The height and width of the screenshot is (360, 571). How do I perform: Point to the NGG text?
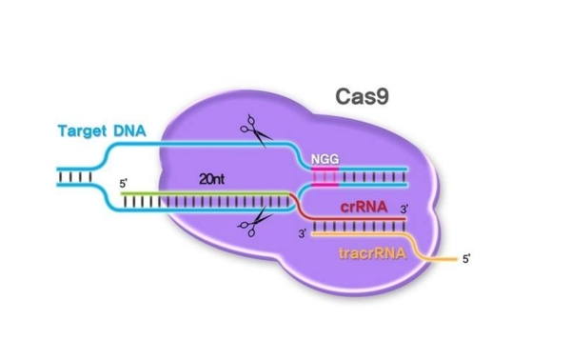(x=324, y=159)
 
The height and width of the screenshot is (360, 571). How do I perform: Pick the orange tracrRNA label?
(x=370, y=254)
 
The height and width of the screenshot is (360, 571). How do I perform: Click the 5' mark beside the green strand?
(x=121, y=183)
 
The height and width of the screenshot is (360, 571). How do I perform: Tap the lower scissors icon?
(x=252, y=226)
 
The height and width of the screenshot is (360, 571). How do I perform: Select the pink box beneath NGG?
(x=324, y=177)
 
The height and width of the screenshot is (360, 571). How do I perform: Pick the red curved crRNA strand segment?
(x=304, y=208)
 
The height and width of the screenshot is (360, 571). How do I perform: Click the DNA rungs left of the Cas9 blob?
(x=73, y=177)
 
